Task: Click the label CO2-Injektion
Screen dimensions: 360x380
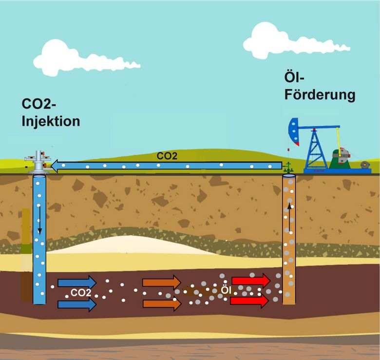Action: pyautogui.click(x=51, y=113)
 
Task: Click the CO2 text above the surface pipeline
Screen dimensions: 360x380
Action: pyautogui.click(x=167, y=157)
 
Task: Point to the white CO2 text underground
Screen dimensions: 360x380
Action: pyautogui.click(x=81, y=293)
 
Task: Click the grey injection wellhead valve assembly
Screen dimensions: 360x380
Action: pyautogui.click(x=38, y=162)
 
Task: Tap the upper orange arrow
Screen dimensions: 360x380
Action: pyautogui.click(x=161, y=282)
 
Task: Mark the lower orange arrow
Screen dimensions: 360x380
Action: pyautogui.click(x=161, y=304)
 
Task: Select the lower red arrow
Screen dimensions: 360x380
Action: pyautogui.click(x=249, y=301)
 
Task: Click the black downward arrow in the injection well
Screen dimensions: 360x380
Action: pyautogui.click(x=40, y=224)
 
